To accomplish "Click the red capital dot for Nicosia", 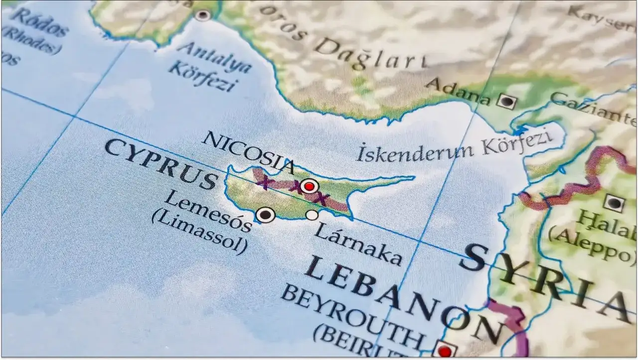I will tap(310, 186).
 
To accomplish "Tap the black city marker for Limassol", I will tap(265, 215).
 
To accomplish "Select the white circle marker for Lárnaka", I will tap(312, 215).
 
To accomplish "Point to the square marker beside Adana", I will tap(507, 102).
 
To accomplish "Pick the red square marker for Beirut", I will tap(445, 351).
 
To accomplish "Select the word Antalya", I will tap(214, 57).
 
